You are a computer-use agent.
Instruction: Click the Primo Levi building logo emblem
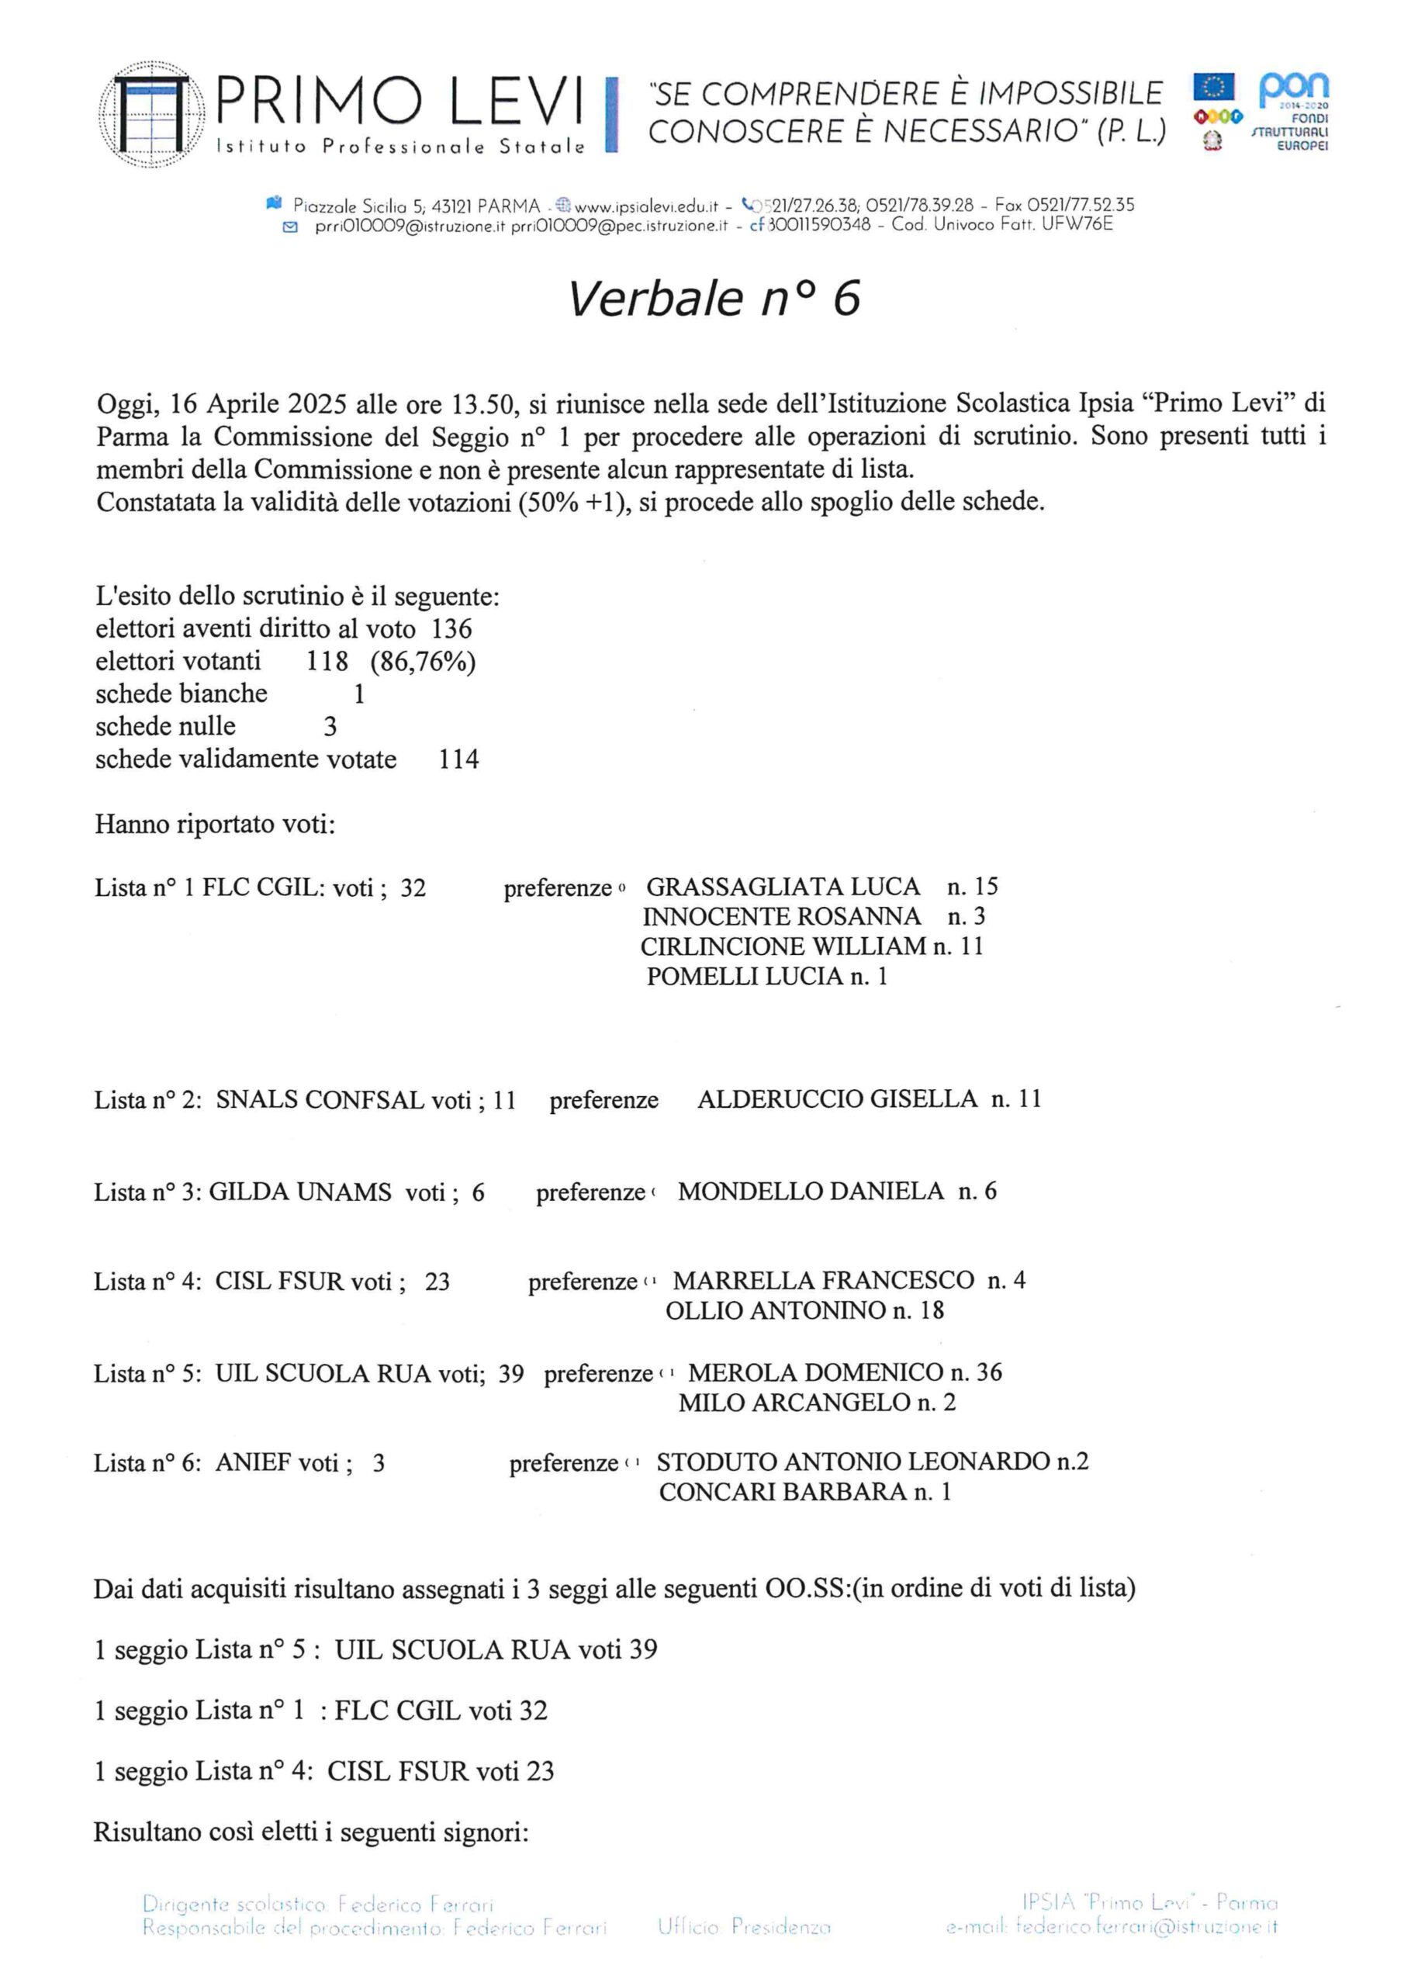[152, 114]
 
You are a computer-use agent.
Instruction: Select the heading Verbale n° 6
[714, 299]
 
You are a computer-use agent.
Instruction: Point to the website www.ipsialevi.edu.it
[646, 206]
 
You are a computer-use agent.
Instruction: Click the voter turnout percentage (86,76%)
[423, 662]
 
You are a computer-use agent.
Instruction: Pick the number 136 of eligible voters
[451, 629]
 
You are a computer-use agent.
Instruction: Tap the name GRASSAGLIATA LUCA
[783, 887]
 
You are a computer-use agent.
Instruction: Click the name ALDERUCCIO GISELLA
[836, 1099]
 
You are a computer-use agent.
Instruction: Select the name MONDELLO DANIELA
[810, 1191]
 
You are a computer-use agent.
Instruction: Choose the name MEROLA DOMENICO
[815, 1372]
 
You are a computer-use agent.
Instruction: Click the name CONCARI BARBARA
[782, 1492]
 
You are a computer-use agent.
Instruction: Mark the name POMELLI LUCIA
[744, 977]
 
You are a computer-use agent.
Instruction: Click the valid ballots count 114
[458, 759]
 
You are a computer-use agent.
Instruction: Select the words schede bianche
[181, 694]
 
